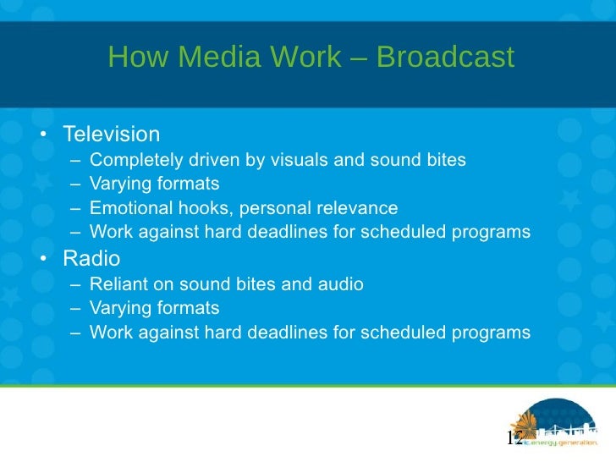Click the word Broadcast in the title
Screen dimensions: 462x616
pos(445,58)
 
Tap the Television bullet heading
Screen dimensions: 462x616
pos(111,135)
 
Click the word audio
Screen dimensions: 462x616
pos(341,284)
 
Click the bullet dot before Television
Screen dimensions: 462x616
pos(41,135)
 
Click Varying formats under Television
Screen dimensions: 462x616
pos(154,184)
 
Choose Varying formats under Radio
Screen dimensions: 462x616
pos(154,308)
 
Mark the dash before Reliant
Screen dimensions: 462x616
pos(76,284)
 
